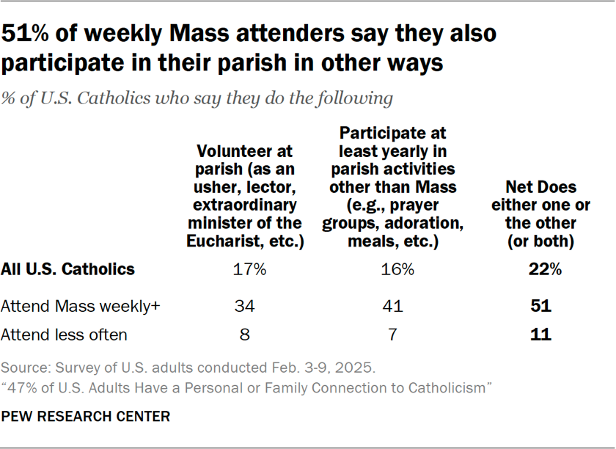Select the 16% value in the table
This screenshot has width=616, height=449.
tap(397, 269)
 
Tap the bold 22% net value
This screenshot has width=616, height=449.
tap(546, 269)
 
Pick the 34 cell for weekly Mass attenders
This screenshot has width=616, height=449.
tap(244, 307)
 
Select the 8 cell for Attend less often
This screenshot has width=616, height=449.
tap(244, 335)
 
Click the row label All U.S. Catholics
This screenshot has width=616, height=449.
tap(67, 269)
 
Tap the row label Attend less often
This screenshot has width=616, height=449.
tap(64, 335)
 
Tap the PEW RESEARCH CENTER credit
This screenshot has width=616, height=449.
tap(85, 417)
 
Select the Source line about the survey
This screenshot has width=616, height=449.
tap(188, 366)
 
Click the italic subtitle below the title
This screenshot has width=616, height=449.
tap(197, 98)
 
